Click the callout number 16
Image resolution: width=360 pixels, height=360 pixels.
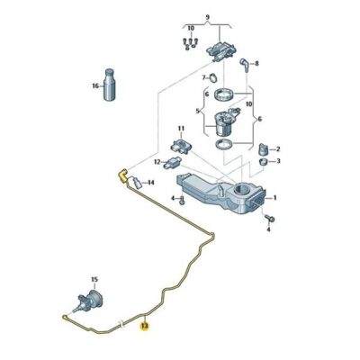(94, 86)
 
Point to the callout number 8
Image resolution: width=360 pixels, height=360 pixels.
(256, 64)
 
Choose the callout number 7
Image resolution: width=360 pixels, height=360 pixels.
(202, 77)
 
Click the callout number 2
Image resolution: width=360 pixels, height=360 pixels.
(278, 148)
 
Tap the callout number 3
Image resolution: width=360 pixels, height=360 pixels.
(278, 162)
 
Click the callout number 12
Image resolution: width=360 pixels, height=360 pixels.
(156, 163)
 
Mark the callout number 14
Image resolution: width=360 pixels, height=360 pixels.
(150, 183)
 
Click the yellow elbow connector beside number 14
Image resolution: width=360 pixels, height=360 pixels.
(121, 178)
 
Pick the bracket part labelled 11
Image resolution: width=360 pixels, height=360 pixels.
(176, 147)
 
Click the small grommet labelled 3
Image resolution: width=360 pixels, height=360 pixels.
(264, 162)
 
